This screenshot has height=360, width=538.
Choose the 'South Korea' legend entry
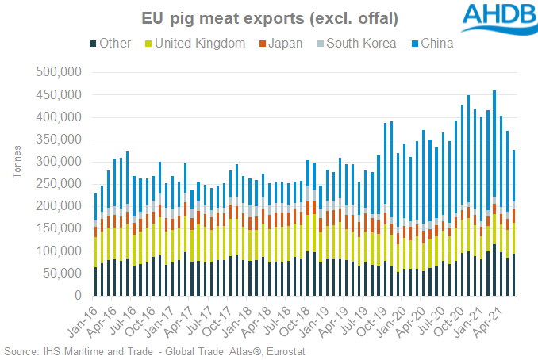pos(361,43)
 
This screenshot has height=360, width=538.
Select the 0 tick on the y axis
pos(76,295)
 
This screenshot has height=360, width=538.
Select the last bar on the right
pos(514,223)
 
